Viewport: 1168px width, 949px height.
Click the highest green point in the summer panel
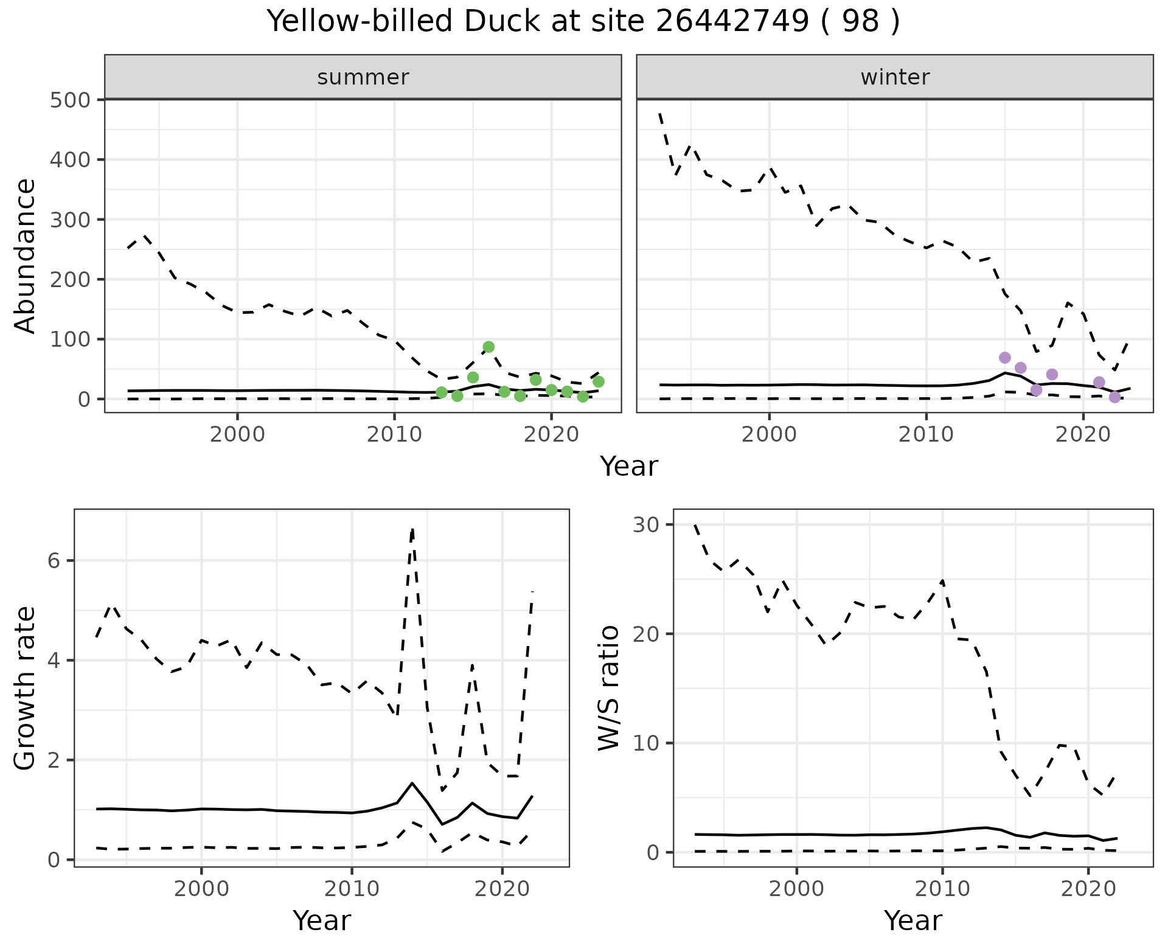click(488, 347)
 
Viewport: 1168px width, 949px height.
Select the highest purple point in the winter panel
click(1005, 358)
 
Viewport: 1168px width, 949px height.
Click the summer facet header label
click(363, 77)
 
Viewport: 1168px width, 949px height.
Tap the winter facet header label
click(895, 77)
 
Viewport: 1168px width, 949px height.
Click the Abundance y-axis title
click(26, 256)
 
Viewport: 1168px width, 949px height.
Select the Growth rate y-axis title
click(26, 689)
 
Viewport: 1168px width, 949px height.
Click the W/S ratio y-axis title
click(609, 688)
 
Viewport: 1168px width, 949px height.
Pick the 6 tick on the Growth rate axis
click(54, 561)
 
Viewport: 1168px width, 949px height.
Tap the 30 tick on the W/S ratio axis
click(645, 524)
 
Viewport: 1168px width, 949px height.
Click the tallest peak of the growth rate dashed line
click(412, 529)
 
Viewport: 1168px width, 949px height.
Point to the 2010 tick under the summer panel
click(394, 435)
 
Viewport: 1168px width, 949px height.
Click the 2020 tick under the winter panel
click(1083, 435)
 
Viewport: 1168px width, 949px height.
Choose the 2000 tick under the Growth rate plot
click(201, 889)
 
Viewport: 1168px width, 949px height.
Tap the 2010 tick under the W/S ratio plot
click(942, 889)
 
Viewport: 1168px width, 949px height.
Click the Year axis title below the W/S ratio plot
click(913, 920)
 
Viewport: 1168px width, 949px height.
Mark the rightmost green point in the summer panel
click(599, 381)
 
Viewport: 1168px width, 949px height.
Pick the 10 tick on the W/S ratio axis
click(645, 743)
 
